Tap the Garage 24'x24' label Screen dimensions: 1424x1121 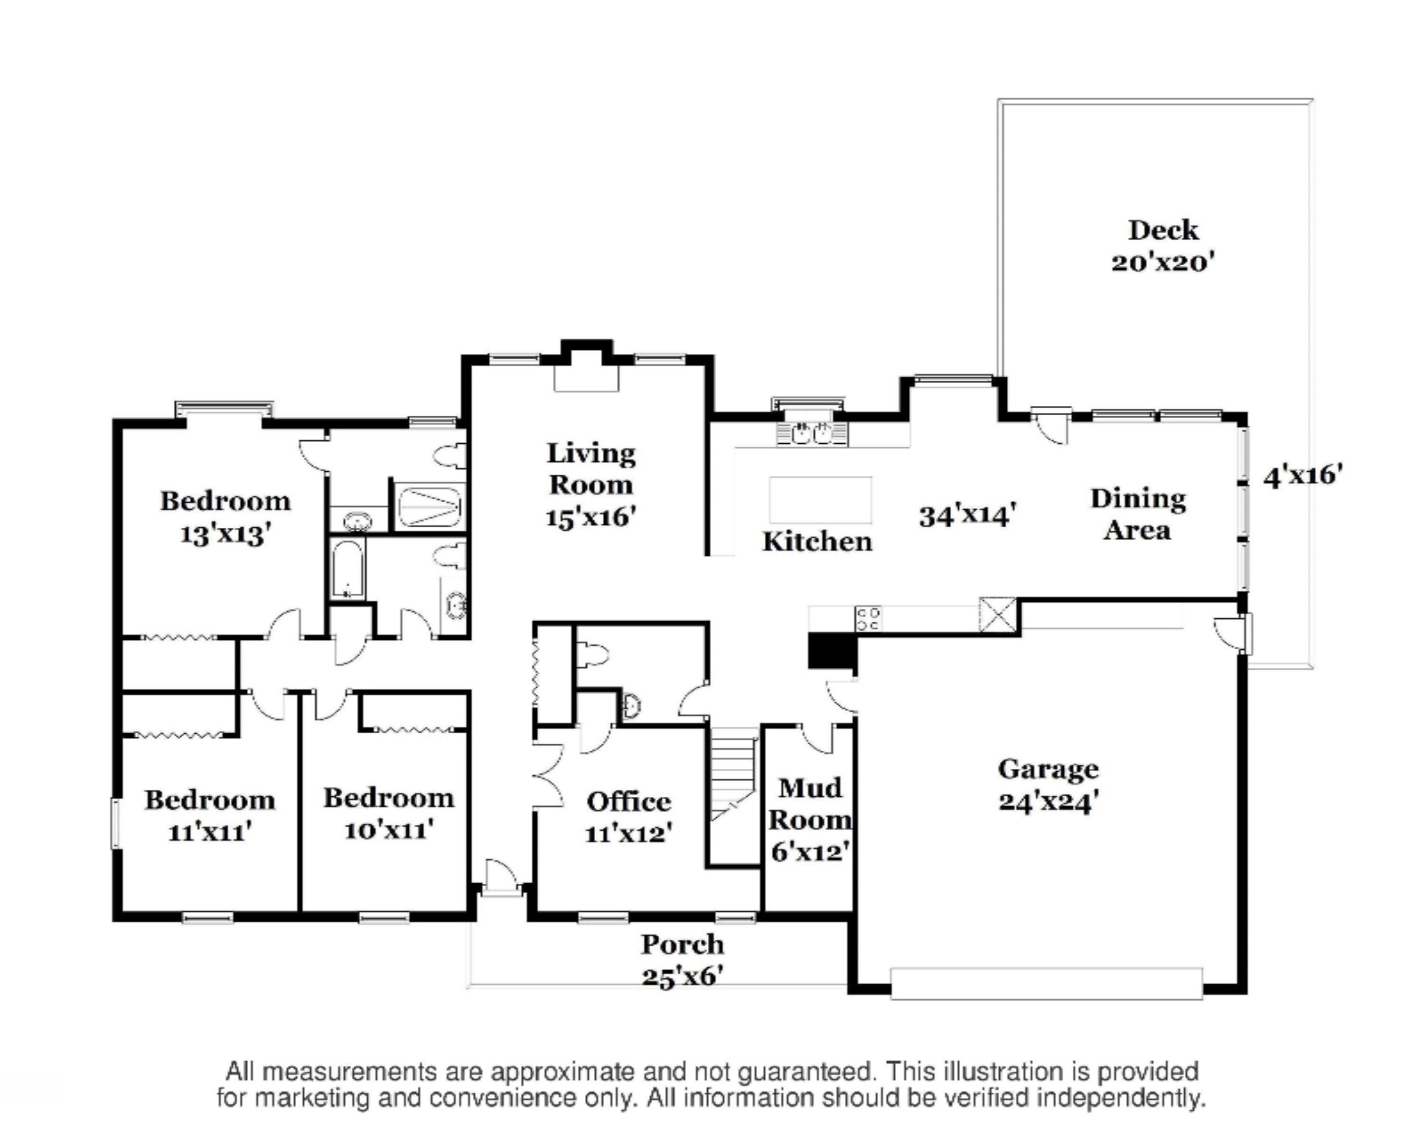tap(1049, 785)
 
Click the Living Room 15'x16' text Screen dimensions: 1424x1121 tap(591, 485)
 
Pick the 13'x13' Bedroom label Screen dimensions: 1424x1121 tap(225, 518)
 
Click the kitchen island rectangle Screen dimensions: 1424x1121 tap(821, 500)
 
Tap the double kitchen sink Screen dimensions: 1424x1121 tap(812, 433)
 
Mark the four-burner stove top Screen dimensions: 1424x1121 tap(868, 619)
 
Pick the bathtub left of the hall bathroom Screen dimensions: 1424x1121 tap(347, 569)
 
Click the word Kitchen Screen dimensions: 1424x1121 tap(817, 542)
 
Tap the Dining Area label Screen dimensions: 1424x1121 tap(1138, 514)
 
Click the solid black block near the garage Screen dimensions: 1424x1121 tap(832, 652)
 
